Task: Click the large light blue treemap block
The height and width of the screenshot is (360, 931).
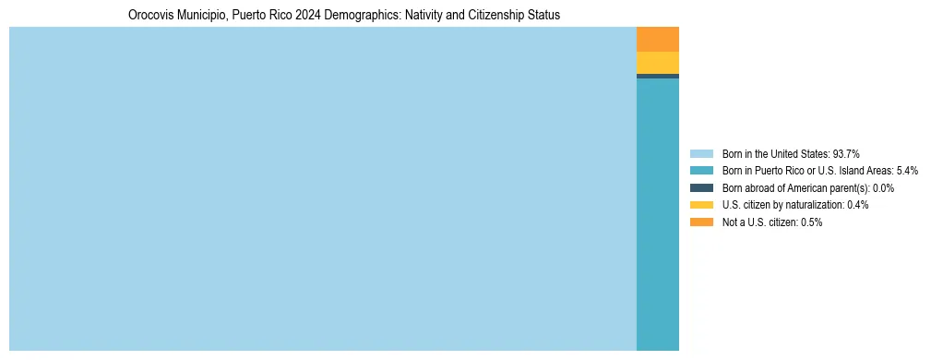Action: [323, 189]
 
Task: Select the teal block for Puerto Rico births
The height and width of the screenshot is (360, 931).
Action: [658, 214]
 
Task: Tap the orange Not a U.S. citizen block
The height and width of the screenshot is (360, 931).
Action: [658, 39]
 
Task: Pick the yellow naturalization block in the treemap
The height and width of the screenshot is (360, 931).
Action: [658, 63]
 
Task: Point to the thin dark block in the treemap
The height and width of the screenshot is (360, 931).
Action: [658, 76]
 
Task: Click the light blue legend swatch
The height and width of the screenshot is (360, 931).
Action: [701, 153]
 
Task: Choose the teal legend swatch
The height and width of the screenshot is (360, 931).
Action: [701, 171]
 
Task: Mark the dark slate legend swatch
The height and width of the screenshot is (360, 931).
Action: [701, 187]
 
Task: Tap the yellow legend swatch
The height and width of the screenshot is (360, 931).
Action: [701, 205]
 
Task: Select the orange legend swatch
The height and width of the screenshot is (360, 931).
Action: [701, 222]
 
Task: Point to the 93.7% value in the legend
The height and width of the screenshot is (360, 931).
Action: [847, 153]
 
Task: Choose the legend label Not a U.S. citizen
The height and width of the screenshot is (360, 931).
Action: [760, 222]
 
